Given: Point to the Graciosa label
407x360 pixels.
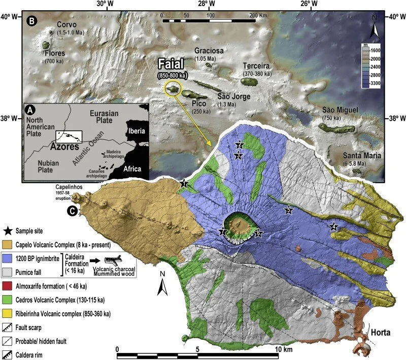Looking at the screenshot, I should coord(209,51).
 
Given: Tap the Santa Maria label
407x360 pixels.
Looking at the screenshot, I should coord(361,155).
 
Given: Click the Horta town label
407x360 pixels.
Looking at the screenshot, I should coord(381,333).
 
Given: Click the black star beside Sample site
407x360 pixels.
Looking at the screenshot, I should coord(9,231).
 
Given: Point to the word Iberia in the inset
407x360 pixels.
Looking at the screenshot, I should coord(135,131).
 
